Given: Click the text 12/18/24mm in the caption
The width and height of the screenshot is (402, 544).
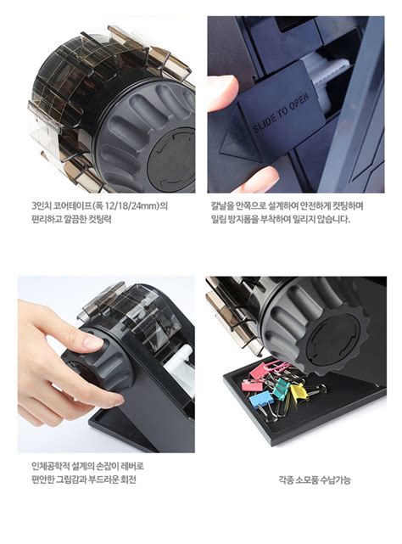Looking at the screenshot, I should tap(127, 205).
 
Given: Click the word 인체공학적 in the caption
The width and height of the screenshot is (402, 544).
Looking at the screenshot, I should tap(50, 465).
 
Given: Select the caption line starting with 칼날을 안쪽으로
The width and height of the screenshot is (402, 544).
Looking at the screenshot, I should tap(287, 205).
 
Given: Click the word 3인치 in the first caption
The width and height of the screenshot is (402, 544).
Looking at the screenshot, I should tap(41, 205).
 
